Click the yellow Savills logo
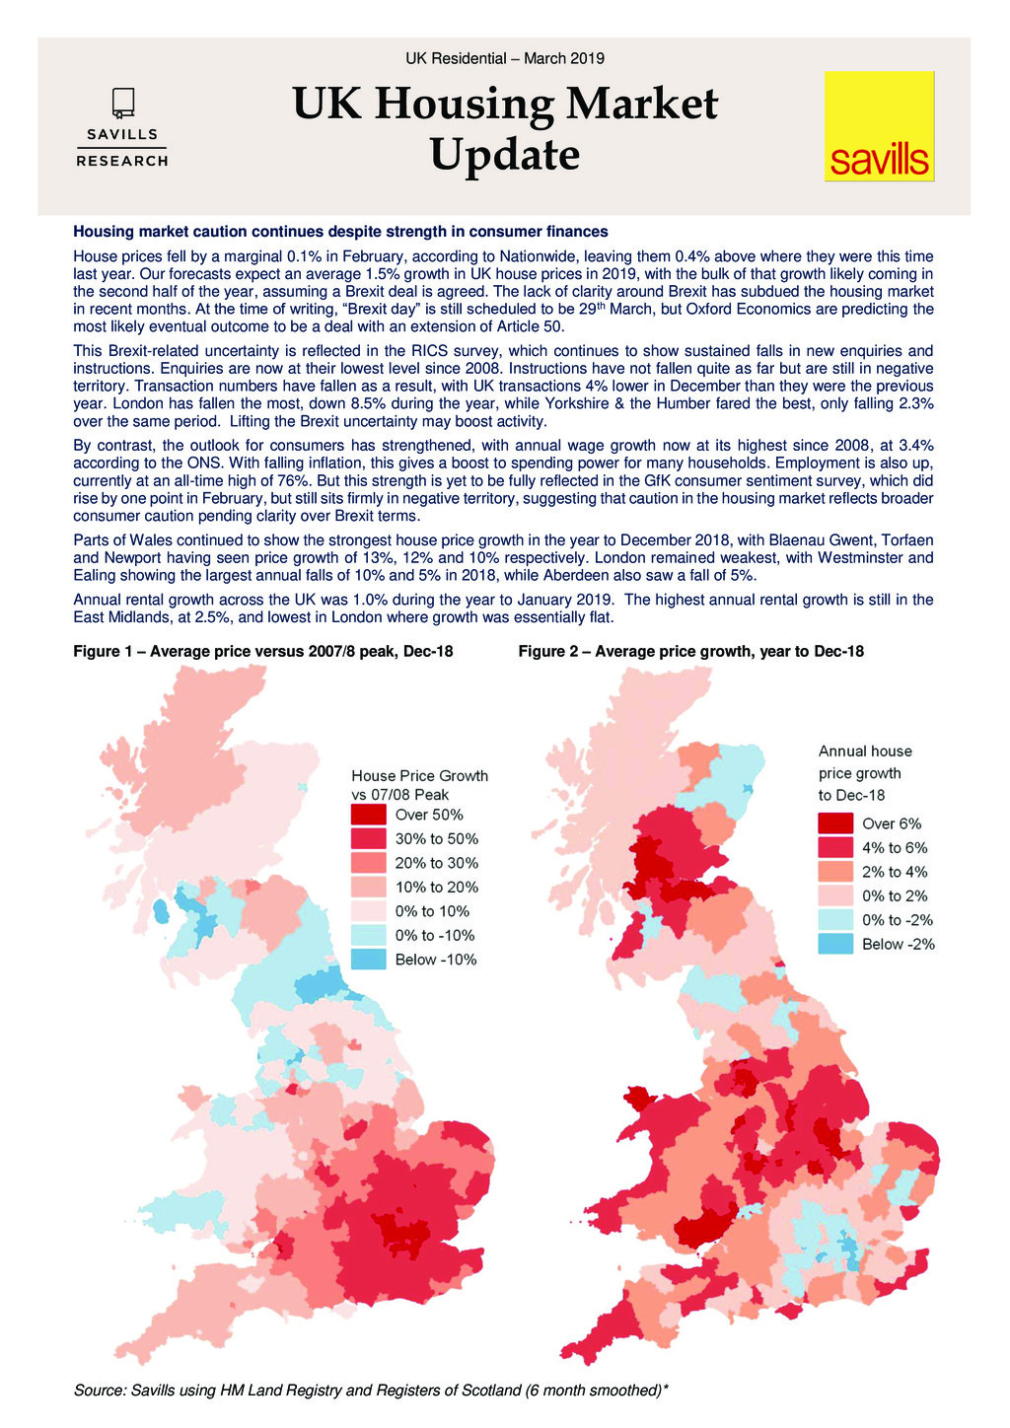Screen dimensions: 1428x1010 (x=879, y=125)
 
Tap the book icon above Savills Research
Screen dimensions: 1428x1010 (x=122, y=103)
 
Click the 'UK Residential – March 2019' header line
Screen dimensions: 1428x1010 (x=504, y=58)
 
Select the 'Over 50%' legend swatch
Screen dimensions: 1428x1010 (x=368, y=815)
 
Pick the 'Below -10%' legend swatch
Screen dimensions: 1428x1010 (x=368, y=960)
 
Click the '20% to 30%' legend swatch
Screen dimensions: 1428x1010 (x=368, y=863)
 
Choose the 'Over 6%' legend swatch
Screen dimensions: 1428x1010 (x=835, y=823)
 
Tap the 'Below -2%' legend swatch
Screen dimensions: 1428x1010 (x=835, y=944)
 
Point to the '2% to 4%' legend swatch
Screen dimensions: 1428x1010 (x=835, y=872)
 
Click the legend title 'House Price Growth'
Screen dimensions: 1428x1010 (x=419, y=776)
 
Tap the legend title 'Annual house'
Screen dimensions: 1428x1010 (x=865, y=751)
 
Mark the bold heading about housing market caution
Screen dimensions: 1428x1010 (x=340, y=232)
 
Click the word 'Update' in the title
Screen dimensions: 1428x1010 (x=504, y=156)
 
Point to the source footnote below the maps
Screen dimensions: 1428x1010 (x=371, y=1391)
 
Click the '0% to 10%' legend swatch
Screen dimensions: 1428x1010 (x=368, y=911)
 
